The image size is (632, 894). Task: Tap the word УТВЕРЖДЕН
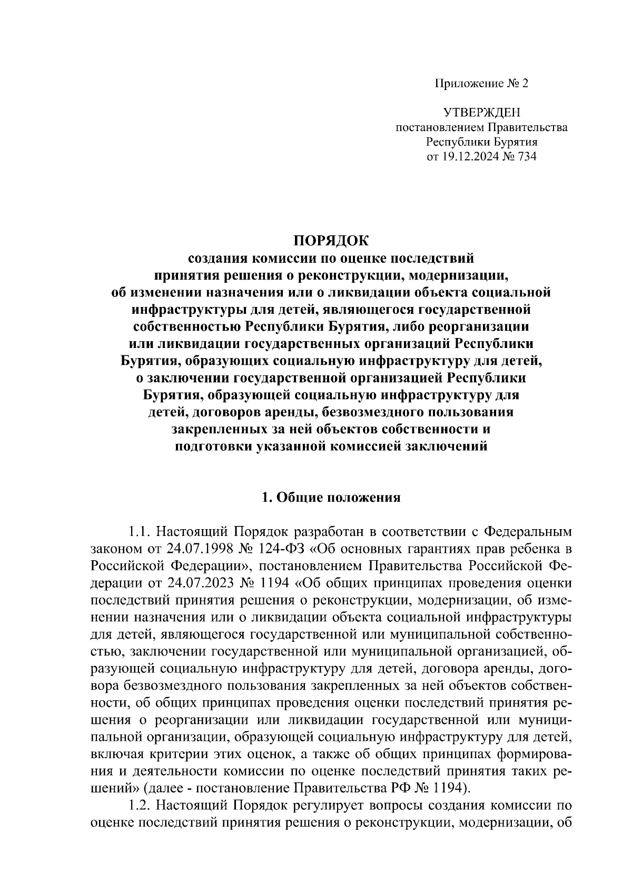481,112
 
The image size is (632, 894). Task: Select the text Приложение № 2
481,83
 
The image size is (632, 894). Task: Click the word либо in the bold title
407,326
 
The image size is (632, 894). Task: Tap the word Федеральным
527,530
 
